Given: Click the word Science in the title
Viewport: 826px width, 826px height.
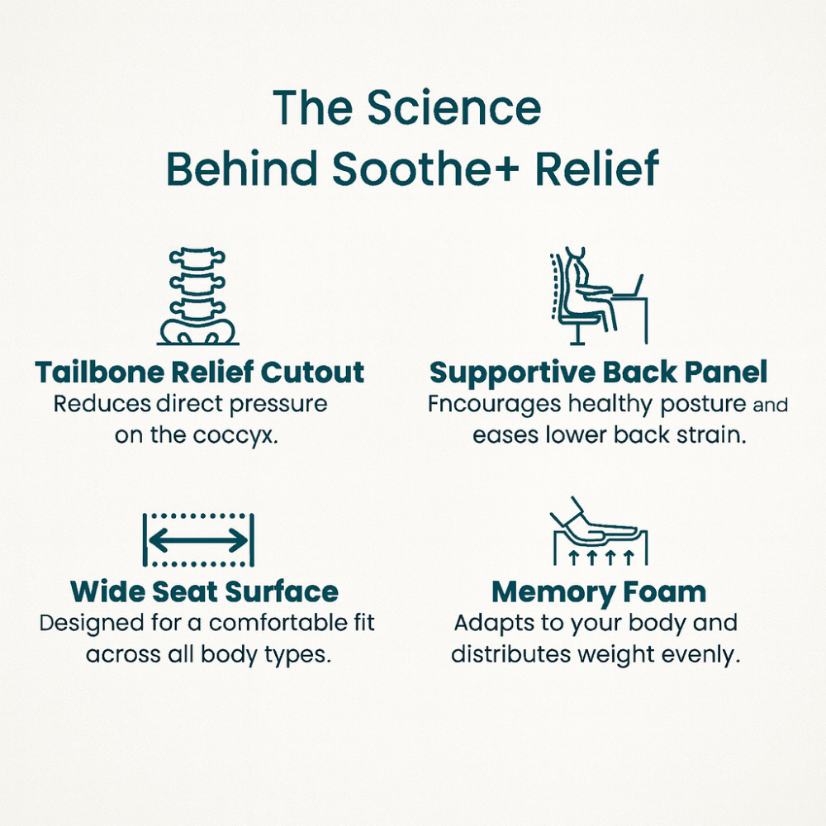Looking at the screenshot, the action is click(x=454, y=107).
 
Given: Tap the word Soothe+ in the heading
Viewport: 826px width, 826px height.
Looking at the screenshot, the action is click(x=425, y=169).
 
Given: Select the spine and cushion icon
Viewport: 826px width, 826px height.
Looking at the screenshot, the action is click(x=198, y=296).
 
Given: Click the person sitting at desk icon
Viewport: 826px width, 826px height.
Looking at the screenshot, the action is click(x=598, y=295).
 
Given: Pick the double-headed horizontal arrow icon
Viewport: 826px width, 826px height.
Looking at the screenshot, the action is click(x=198, y=540).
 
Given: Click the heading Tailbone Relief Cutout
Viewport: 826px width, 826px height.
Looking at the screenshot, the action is click(x=200, y=373).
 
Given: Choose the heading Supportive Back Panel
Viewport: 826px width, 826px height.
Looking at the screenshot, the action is click(x=598, y=373).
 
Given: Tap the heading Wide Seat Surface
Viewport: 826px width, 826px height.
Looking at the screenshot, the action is click(x=204, y=591).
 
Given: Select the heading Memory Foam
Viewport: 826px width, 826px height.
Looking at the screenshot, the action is click(x=599, y=592).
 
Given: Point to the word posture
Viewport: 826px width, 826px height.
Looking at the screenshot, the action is click(x=703, y=405).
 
